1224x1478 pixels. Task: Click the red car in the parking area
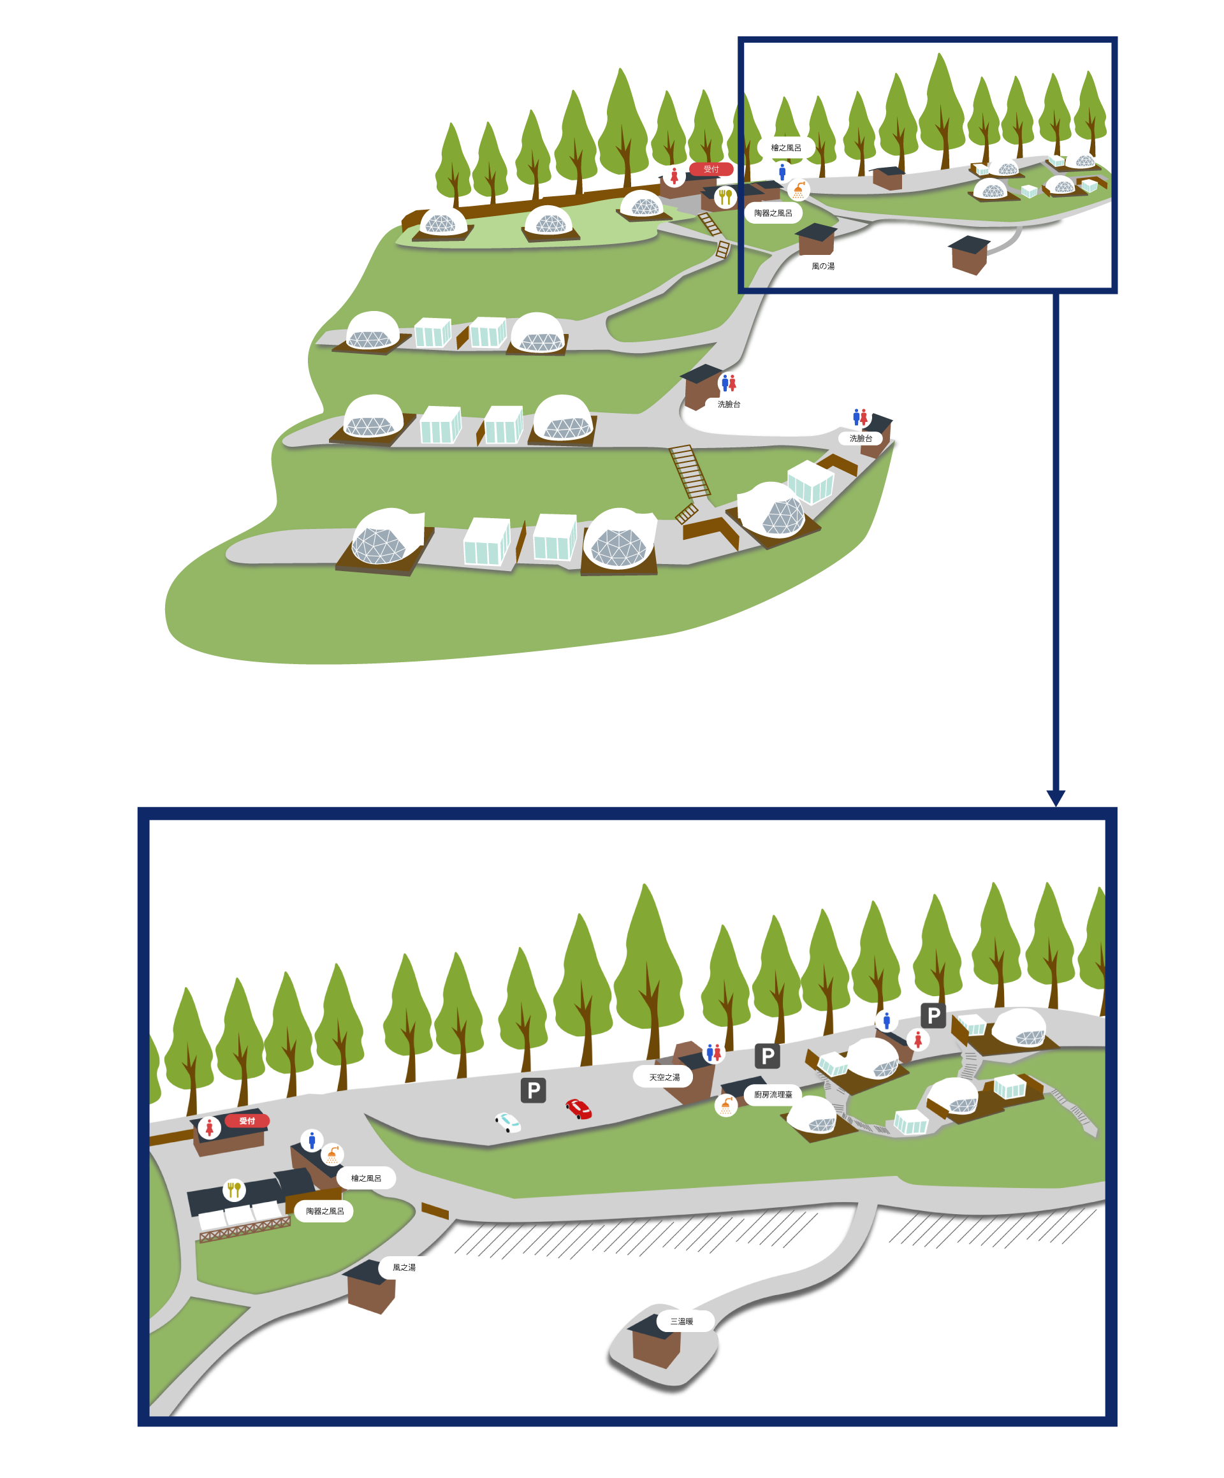[579, 1109]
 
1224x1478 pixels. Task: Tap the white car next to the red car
[507, 1122]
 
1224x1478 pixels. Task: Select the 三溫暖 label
[681, 1321]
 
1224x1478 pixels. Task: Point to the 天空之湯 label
[664, 1077]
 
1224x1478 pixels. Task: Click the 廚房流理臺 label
[773, 1094]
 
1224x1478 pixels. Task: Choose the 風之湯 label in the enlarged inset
[404, 1267]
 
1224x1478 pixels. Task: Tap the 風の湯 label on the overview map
[823, 266]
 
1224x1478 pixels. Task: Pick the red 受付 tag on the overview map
[711, 169]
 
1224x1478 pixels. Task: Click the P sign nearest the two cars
[534, 1090]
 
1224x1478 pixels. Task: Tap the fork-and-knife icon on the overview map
[725, 196]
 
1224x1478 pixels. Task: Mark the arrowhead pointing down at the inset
[1056, 797]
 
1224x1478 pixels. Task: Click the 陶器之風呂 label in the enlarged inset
[324, 1210]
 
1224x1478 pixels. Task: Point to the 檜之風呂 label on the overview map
[785, 148]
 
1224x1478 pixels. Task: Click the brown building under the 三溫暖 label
[656, 1345]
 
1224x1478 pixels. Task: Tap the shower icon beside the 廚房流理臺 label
[725, 1105]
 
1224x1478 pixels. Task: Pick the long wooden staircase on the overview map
[690, 472]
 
